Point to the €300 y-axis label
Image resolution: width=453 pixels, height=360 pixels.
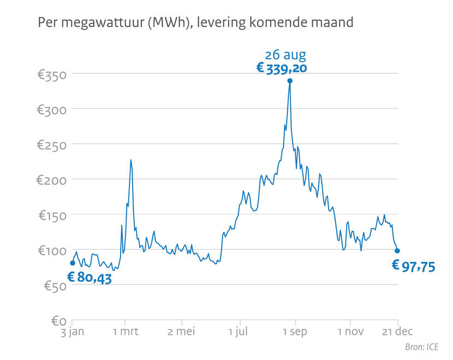click(51, 109)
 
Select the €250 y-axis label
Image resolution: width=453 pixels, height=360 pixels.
click(51, 145)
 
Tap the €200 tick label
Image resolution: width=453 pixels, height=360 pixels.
click(51, 180)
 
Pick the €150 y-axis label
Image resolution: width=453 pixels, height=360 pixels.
click(51, 215)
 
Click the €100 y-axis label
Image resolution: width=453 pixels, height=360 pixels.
click(51, 251)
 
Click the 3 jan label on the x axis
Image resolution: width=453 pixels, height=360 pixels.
click(72, 331)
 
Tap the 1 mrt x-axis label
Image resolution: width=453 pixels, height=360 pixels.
click(126, 331)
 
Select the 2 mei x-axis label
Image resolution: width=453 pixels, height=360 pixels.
click(181, 331)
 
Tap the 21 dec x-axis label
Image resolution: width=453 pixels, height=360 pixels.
click(397, 331)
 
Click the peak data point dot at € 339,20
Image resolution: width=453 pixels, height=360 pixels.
click(290, 81)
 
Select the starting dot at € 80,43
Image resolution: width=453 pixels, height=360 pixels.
click(73, 263)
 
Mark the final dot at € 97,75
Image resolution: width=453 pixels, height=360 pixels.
click(397, 251)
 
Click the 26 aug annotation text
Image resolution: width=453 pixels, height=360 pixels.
click(285, 55)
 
